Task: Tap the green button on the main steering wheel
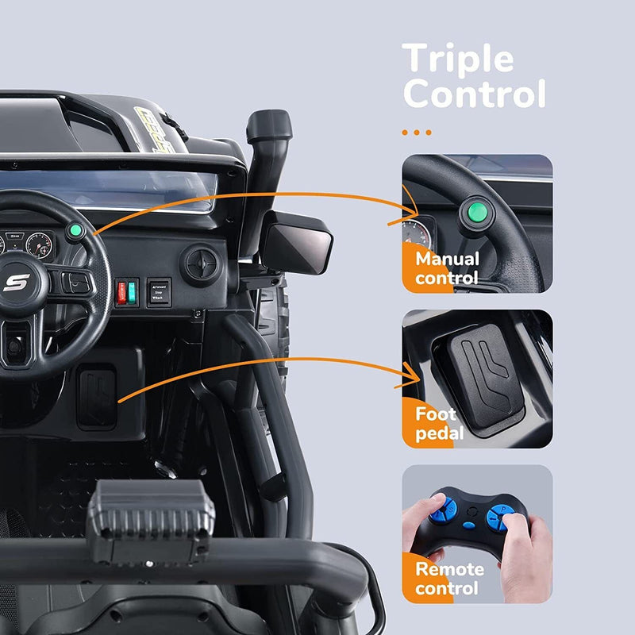coord(76,232)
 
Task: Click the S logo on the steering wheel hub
coord(16,283)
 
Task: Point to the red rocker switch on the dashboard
coord(122,292)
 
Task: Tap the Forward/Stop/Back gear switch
coord(159,291)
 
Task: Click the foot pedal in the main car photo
coord(97,394)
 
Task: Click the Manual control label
coord(447,268)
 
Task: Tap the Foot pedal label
coord(436,423)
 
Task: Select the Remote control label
coord(448,578)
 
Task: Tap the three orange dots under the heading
coord(417,132)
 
